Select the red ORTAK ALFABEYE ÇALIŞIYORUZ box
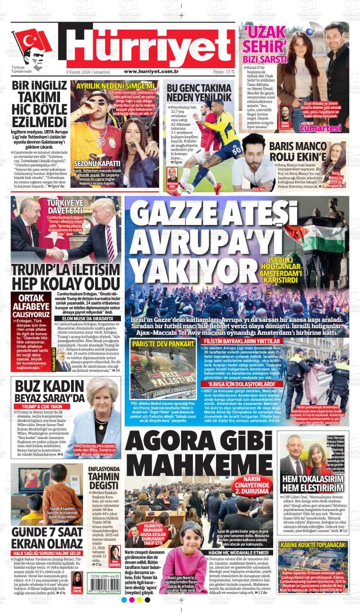pos(31,306)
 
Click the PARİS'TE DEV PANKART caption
pos(156,344)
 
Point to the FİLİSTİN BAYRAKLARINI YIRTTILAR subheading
pos(241,341)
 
